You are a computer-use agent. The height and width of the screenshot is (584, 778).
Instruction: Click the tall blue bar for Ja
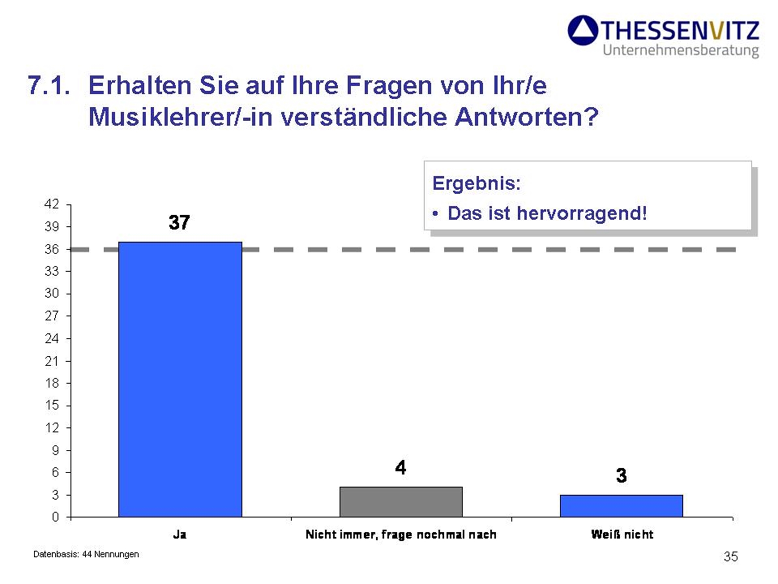(x=180, y=379)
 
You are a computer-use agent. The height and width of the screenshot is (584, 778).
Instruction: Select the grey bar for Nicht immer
(x=401, y=502)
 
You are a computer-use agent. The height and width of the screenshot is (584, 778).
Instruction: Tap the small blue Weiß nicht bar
(x=621, y=506)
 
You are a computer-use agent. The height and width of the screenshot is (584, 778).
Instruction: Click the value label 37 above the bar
(x=179, y=222)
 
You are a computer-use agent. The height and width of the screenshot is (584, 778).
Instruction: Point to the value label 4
(x=400, y=468)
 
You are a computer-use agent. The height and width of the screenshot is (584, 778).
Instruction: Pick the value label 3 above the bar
(x=621, y=475)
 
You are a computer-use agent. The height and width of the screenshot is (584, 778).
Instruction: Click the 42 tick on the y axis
(x=51, y=204)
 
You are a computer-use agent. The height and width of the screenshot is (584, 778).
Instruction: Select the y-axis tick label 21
(x=51, y=361)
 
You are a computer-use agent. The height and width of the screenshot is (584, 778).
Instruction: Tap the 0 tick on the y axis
(x=55, y=517)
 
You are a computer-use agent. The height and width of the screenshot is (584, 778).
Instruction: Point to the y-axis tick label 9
(x=55, y=450)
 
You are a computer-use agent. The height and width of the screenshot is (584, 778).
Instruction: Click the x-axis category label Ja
(x=180, y=535)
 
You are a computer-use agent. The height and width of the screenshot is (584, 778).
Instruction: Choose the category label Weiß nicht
(x=622, y=535)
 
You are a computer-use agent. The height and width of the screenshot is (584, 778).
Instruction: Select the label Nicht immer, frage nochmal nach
(x=401, y=535)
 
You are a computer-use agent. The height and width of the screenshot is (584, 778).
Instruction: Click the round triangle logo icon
(x=583, y=30)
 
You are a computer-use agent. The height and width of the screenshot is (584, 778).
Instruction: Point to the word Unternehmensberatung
(x=681, y=50)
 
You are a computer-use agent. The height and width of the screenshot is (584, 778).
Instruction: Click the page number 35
(x=731, y=556)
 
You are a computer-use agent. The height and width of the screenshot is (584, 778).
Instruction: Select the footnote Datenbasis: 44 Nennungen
(x=86, y=554)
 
